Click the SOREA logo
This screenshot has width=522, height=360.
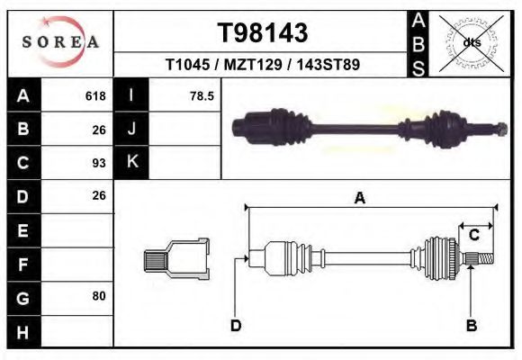click(60, 43)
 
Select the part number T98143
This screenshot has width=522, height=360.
click(263, 33)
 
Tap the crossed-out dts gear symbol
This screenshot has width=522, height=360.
click(472, 41)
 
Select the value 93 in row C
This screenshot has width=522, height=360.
click(98, 163)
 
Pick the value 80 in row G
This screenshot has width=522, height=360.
click(98, 295)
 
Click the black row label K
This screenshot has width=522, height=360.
click(131, 162)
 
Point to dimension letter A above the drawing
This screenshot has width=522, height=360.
click(359, 199)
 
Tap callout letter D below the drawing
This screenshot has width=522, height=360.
click(235, 326)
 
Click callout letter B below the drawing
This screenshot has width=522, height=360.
click(470, 326)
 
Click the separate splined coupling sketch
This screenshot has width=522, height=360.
click(176, 259)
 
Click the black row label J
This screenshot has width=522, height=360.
click(131, 129)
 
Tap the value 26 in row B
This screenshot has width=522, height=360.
click(98, 130)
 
